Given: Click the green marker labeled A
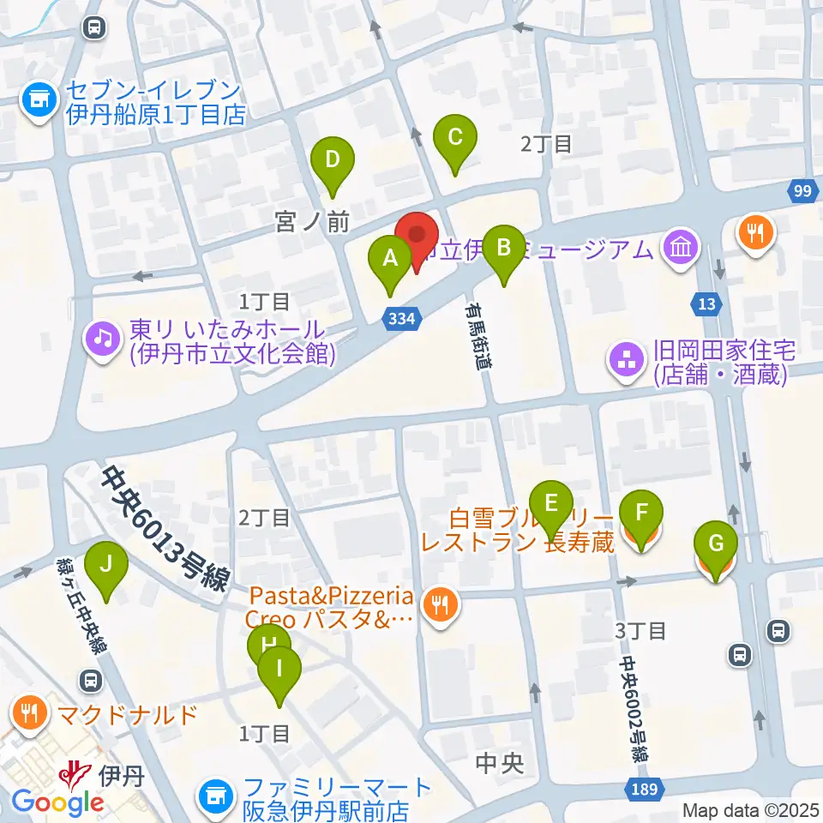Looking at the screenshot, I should [x=390, y=258].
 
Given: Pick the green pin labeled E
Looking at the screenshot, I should [x=550, y=503].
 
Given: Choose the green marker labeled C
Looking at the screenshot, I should [x=455, y=137].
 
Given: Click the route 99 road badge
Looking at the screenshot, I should [x=802, y=192].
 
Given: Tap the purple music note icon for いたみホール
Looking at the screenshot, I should [x=103, y=338].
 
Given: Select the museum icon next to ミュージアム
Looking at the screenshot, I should [x=682, y=249].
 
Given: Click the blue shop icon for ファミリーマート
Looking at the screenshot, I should [x=215, y=797].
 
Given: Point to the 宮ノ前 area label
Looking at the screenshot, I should [x=312, y=223].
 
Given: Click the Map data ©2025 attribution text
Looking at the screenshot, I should [x=751, y=809].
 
